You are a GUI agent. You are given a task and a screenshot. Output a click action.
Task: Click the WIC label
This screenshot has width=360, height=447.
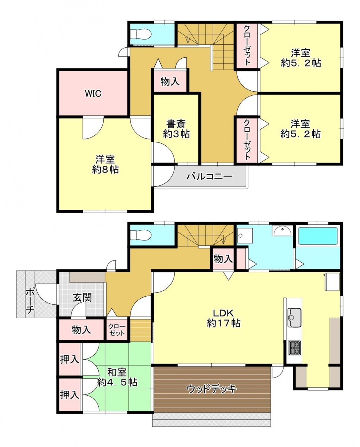(93, 93)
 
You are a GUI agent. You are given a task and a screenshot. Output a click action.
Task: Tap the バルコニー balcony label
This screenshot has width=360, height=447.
(209, 176)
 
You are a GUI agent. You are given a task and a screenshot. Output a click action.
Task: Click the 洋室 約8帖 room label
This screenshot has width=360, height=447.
(105, 164)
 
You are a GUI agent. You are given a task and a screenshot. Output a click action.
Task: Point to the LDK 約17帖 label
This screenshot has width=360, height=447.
(224, 318)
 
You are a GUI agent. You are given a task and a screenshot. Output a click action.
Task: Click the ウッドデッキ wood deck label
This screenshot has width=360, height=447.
(212, 388)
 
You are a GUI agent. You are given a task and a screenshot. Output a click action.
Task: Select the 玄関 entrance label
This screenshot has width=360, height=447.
(82, 297)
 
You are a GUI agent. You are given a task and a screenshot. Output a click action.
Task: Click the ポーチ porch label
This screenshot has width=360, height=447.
(30, 300)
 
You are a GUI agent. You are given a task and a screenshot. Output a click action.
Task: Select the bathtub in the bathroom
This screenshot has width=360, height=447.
(318, 236)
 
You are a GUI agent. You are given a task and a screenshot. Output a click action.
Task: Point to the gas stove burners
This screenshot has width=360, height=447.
(294, 347)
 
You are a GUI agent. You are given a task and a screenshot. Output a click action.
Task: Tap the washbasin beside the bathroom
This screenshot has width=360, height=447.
(282, 230)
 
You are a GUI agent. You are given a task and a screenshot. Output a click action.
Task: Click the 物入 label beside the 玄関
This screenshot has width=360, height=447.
(81, 329)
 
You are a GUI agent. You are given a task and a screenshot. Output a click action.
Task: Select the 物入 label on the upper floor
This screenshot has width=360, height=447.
(170, 81)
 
